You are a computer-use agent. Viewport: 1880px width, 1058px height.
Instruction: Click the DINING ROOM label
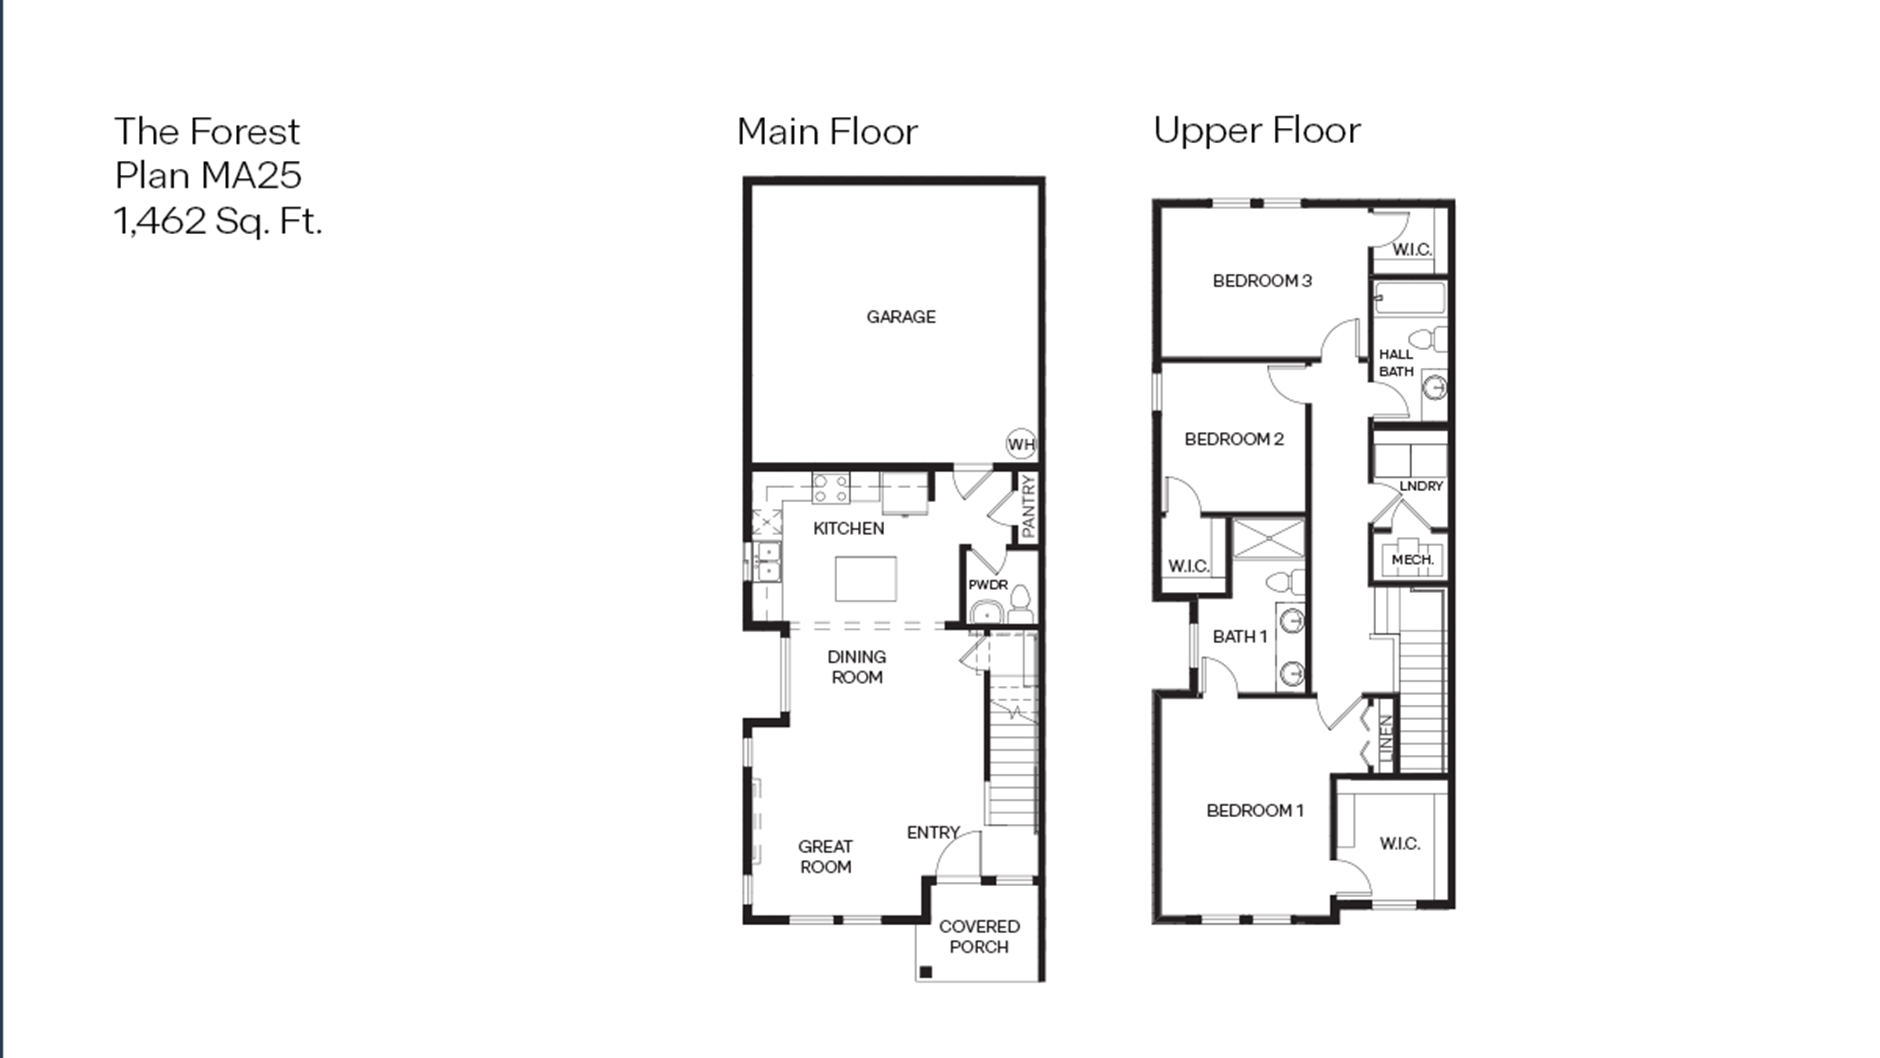(x=857, y=667)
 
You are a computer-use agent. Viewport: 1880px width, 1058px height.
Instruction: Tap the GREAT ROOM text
(x=825, y=857)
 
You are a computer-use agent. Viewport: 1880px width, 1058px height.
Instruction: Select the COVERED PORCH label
(x=979, y=936)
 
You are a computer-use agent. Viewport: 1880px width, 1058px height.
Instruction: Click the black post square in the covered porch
(x=926, y=972)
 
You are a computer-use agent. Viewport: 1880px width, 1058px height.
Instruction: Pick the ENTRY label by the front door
(x=933, y=832)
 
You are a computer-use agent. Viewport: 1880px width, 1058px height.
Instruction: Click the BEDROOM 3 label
(x=1262, y=281)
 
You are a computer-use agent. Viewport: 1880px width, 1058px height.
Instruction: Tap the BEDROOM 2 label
(x=1233, y=439)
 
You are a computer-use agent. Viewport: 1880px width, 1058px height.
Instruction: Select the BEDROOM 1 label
(x=1255, y=810)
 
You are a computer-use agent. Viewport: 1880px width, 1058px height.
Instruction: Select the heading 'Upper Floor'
(x=1257, y=131)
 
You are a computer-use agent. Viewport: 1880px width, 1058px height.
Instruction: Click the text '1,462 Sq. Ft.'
(x=217, y=221)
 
